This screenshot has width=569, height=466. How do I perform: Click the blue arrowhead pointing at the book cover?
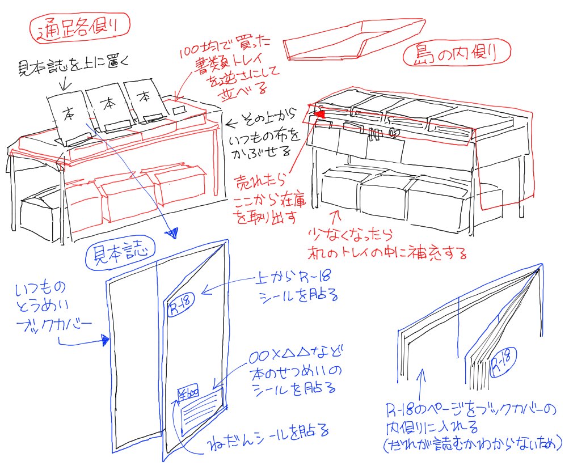point(105,340)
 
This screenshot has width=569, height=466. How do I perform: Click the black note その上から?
point(261,121)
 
